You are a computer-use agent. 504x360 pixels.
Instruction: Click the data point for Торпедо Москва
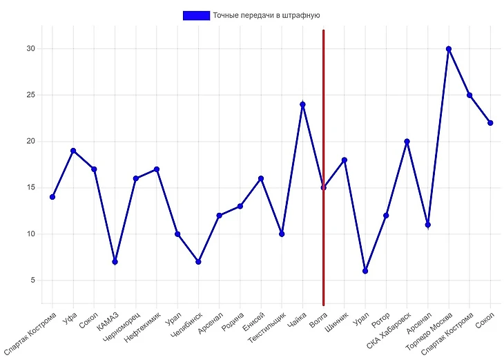pyautogui.click(x=449, y=49)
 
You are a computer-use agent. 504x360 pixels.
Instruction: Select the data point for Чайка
pyautogui.click(x=302, y=104)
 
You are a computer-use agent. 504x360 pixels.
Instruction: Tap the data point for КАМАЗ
pyautogui.click(x=115, y=261)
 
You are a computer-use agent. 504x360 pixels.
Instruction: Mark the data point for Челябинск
pyautogui.click(x=198, y=261)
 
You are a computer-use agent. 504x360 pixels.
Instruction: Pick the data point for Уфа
pyautogui.click(x=73, y=151)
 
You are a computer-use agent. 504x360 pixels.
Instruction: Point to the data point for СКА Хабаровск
pyautogui.click(x=407, y=142)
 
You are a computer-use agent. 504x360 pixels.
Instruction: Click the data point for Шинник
pyautogui.click(x=344, y=160)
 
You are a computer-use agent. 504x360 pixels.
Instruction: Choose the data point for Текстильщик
pyautogui.click(x=282, y=234)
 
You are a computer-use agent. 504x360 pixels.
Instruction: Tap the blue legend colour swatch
pyautogui.click(x=196, y=15)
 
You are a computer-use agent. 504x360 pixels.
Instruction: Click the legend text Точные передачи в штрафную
pyautogui.click(x=266, y=15)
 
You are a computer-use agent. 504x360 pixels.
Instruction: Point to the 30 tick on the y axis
pyautogui.click(x=30, y=49)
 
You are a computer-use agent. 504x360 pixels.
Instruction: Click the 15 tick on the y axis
pyautogui.click(x=30, y=187)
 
